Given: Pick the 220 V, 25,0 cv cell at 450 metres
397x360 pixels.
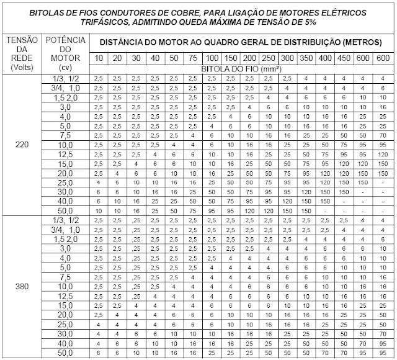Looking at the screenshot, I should (x=341, y=183).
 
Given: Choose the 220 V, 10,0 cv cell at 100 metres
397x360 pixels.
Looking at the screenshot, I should (x=212, y=144).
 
